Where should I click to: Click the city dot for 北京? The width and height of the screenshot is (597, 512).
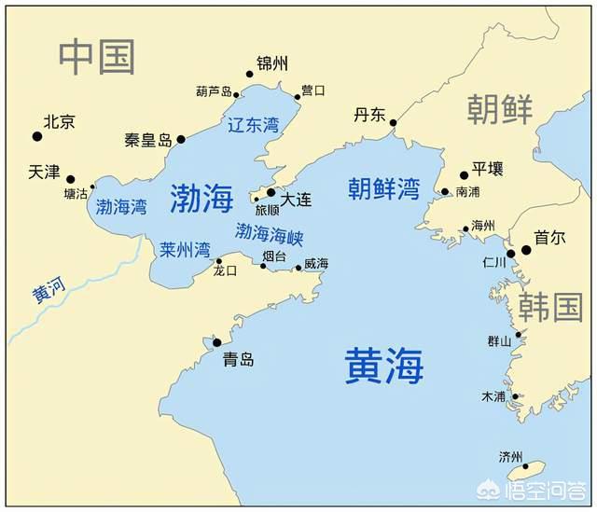(x=37, y=136)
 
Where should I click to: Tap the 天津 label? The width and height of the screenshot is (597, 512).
(x=44, y=173)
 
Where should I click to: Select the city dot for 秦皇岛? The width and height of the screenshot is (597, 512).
(x=181, y=140)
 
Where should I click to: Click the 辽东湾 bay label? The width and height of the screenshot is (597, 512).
(x=253, y=125)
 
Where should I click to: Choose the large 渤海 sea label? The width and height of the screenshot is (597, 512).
(x=201, y=197)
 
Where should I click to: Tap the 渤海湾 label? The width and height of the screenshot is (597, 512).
(x=121, y=207)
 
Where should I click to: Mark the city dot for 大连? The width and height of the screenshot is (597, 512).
(x=271, y=192)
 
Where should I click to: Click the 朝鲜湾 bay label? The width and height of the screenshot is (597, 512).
(x=383, y=188)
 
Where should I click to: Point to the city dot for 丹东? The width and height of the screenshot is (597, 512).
(x=394, y=122)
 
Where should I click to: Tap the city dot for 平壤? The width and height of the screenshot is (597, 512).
(x=464, y=174)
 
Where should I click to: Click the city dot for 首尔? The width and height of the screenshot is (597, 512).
(x=526, y=250)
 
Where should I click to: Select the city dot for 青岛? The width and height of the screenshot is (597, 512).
(x=217, y=343)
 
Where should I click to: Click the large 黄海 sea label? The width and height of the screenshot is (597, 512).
(x=383, y=366)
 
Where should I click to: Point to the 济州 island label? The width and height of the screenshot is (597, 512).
(x=511, y=457)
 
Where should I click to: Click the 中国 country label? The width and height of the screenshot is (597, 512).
(x=97, y=57)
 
